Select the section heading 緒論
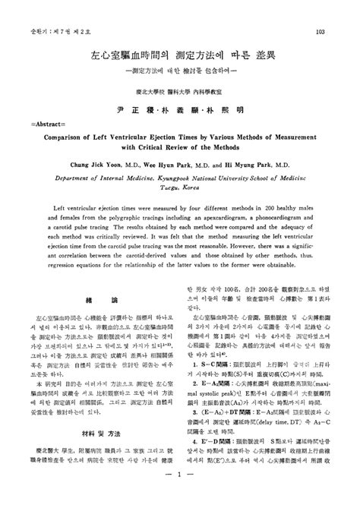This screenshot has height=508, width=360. pyautogui.click(x=97, y=301)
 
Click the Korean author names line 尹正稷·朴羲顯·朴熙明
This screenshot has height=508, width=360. pyautogui.click(x=179, y=109)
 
